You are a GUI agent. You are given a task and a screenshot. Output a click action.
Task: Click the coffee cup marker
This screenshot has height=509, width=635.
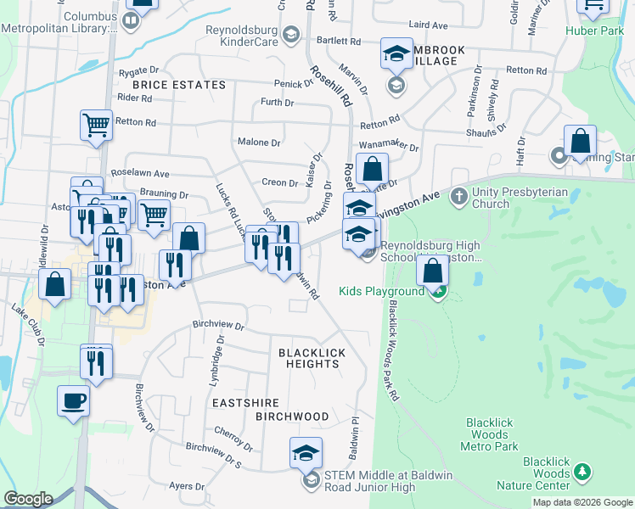tap(73, 400)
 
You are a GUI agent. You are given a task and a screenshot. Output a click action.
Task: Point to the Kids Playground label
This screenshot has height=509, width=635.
tap(381, 292)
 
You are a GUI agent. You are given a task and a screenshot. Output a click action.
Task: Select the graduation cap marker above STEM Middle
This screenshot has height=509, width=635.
tap(306, 453)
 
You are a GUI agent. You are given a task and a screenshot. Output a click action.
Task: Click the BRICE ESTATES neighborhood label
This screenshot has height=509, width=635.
tap(179, 85)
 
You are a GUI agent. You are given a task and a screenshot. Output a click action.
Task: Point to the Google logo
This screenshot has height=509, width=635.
tap(28, 499)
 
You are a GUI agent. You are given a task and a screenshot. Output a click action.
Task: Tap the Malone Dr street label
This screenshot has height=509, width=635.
tap(259, 143)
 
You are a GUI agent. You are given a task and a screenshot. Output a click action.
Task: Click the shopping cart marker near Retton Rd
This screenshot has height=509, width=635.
tap(96, 126)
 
